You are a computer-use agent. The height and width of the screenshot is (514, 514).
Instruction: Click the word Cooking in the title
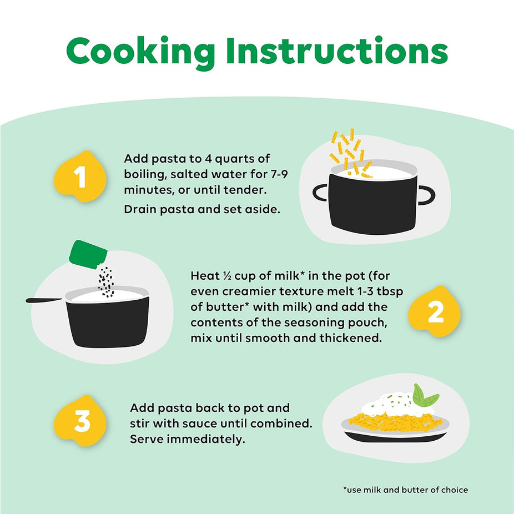click(140, 52)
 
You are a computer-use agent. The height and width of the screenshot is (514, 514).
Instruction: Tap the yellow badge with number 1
click(80, 177)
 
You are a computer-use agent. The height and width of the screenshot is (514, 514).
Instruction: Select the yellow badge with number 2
click(434, 312)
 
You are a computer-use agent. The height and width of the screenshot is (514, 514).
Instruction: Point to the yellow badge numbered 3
click(80, 421)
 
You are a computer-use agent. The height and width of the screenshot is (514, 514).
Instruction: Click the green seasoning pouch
click(88, 254)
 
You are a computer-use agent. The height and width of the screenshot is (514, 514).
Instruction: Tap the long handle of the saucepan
click(44, 300)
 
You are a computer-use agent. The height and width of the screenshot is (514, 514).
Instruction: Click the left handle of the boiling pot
click(320, 193)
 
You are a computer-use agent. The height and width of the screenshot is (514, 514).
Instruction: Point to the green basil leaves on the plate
click(424, 396)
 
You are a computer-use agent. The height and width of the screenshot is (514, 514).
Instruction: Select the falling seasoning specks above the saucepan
click(106, 282)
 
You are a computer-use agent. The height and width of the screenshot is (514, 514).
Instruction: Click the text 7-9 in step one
click(279, 174)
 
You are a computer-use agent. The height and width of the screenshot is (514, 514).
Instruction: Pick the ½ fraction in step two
click(227, 276)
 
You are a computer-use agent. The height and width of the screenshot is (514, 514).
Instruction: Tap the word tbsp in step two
click(390, 292)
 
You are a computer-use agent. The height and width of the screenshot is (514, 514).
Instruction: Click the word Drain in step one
click(140, 209)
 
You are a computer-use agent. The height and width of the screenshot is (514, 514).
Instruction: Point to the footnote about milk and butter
click(406, 490)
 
